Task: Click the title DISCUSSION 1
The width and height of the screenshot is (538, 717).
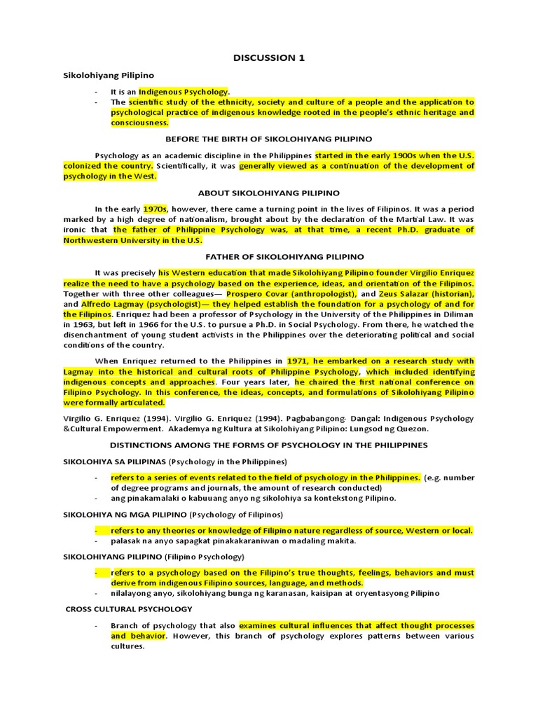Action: pyautogui.click(x=269, y=57)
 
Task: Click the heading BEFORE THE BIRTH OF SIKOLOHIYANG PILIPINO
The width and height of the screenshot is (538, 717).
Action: pyautogui.click(x=269, y=139)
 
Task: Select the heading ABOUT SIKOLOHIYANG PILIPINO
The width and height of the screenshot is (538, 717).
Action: pyautogui.click(x=269, y=193)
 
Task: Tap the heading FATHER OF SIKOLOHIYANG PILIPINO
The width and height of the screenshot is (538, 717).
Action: pyautogui.click(x=269, y=257)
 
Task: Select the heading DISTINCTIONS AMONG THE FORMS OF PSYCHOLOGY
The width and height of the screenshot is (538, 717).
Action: pyautogui.click(x=269, y=445)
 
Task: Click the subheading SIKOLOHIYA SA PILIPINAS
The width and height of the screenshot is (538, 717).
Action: pyautogui.click(x=115, y=461)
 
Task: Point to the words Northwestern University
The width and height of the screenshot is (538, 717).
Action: pyautogui.click(x=106, y=240)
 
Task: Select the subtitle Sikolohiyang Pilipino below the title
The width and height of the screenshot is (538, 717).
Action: pyautogui.click(x=109, y=75)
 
